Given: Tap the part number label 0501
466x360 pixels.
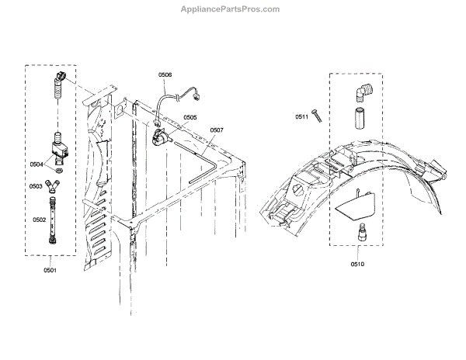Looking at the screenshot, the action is (x=50, y=270).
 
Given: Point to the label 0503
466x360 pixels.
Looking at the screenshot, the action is (x=37, y=186).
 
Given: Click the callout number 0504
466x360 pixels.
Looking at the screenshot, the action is (x=37, y=164).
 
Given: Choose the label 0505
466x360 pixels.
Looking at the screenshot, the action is (x=190, y=118).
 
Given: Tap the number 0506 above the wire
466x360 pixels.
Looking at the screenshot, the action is (x=165, y=74).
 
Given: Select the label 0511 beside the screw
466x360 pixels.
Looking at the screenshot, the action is (x=301, y=117).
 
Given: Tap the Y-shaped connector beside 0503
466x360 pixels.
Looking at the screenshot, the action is (x=52, y=185).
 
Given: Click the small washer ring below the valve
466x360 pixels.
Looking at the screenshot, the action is (x=59, y=166).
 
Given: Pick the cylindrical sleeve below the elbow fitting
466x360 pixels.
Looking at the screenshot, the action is (x=360, y=119).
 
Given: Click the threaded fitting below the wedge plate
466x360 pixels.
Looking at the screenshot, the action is (x=361, y=232).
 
